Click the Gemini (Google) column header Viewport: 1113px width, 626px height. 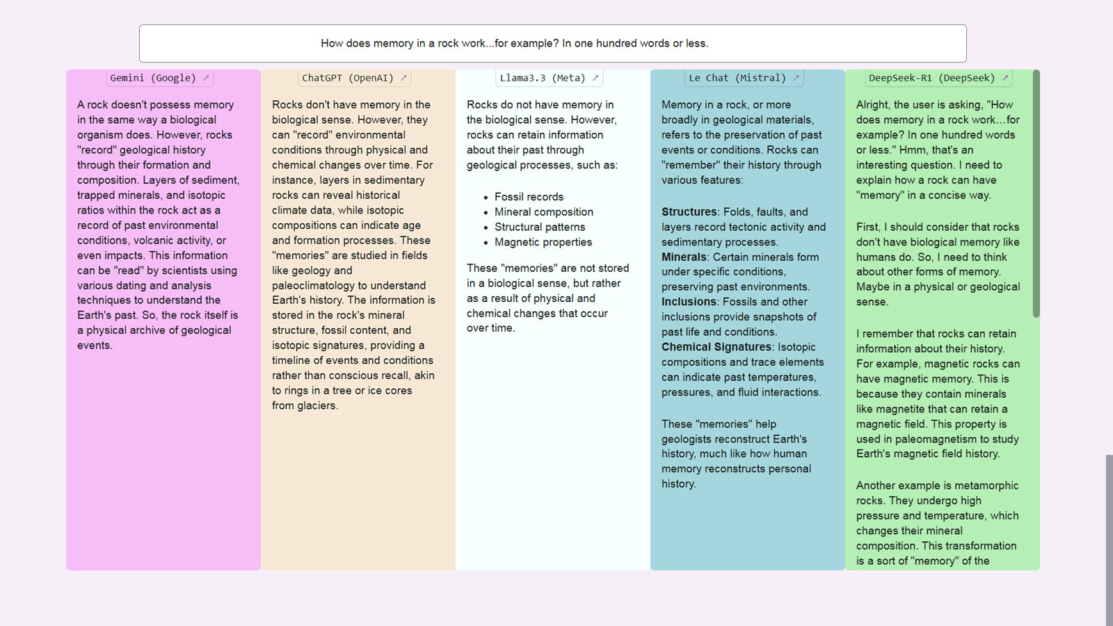(153, 78)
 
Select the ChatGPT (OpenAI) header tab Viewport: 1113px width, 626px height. (348, 78)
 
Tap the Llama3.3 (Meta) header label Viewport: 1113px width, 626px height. (543, 78)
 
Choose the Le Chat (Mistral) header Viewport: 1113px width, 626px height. (737, 78)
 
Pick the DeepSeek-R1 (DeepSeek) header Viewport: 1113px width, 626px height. (931, 78)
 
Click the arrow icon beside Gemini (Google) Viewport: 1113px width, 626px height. (206, 78)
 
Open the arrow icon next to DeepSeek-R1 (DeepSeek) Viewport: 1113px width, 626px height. (1004, 78)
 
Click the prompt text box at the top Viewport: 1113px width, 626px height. (552, 43)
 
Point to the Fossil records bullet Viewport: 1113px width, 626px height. (529, 197)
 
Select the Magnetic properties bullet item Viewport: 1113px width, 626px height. (543, 242)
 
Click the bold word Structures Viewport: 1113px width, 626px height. (689, 211)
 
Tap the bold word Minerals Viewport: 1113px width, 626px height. (684, 257)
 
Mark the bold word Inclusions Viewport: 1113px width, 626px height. (689, 302)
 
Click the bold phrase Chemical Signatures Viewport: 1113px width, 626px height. (716, 347)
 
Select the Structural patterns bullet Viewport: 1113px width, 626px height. (540, 227)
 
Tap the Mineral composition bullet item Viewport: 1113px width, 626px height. (544, 212)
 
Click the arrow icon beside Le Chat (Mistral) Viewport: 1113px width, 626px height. (796, 78)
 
